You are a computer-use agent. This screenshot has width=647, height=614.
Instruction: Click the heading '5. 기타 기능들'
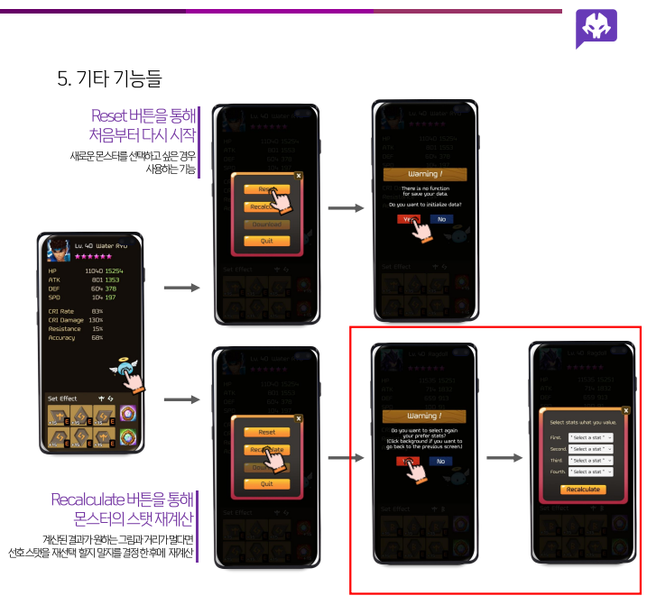pos(109,78)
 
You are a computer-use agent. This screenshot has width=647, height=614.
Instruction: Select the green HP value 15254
pos(115,271)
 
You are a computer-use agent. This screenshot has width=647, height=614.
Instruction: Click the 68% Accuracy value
pos(97,338)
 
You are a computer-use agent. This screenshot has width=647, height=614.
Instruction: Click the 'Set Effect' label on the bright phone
pos(63,398)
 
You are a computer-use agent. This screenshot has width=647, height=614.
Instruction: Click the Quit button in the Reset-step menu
pos(266,241)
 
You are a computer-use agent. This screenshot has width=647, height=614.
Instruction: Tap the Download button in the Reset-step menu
pos(266,224)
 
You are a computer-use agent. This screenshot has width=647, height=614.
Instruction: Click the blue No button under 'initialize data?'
pos(441,218)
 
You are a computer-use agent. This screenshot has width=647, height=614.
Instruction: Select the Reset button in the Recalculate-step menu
pos(266,432)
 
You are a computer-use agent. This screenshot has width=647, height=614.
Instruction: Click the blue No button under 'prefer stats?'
pos(441,461)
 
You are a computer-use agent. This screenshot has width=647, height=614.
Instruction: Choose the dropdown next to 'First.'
pos(591,436)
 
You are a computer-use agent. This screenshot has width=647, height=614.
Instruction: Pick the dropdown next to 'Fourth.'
pos(591,472)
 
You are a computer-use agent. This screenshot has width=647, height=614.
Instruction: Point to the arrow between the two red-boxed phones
pos(504,458)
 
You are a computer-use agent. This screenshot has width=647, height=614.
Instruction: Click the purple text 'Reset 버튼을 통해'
pos(143,115)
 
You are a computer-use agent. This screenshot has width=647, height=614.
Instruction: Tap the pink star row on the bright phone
pos(93,256)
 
